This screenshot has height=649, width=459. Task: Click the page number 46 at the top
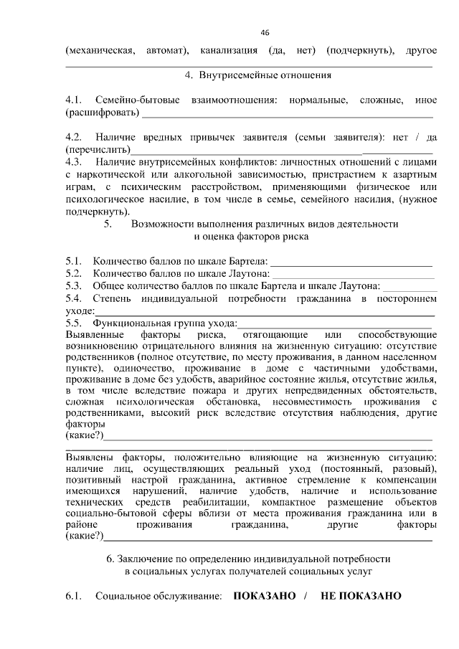click(265, 33)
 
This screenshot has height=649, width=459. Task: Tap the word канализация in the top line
click(230, 51)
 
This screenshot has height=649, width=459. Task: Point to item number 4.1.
click(74, 98)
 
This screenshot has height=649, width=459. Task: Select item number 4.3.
click(74, 163)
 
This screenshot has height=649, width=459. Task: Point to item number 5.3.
click(74, 285)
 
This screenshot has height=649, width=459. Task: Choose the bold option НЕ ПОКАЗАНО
click(361, 596)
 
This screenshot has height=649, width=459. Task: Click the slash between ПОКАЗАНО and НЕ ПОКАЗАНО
click(305, 596)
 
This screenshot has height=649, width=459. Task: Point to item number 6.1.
click(74, 596)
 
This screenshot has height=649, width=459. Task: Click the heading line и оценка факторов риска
click(252, 236)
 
